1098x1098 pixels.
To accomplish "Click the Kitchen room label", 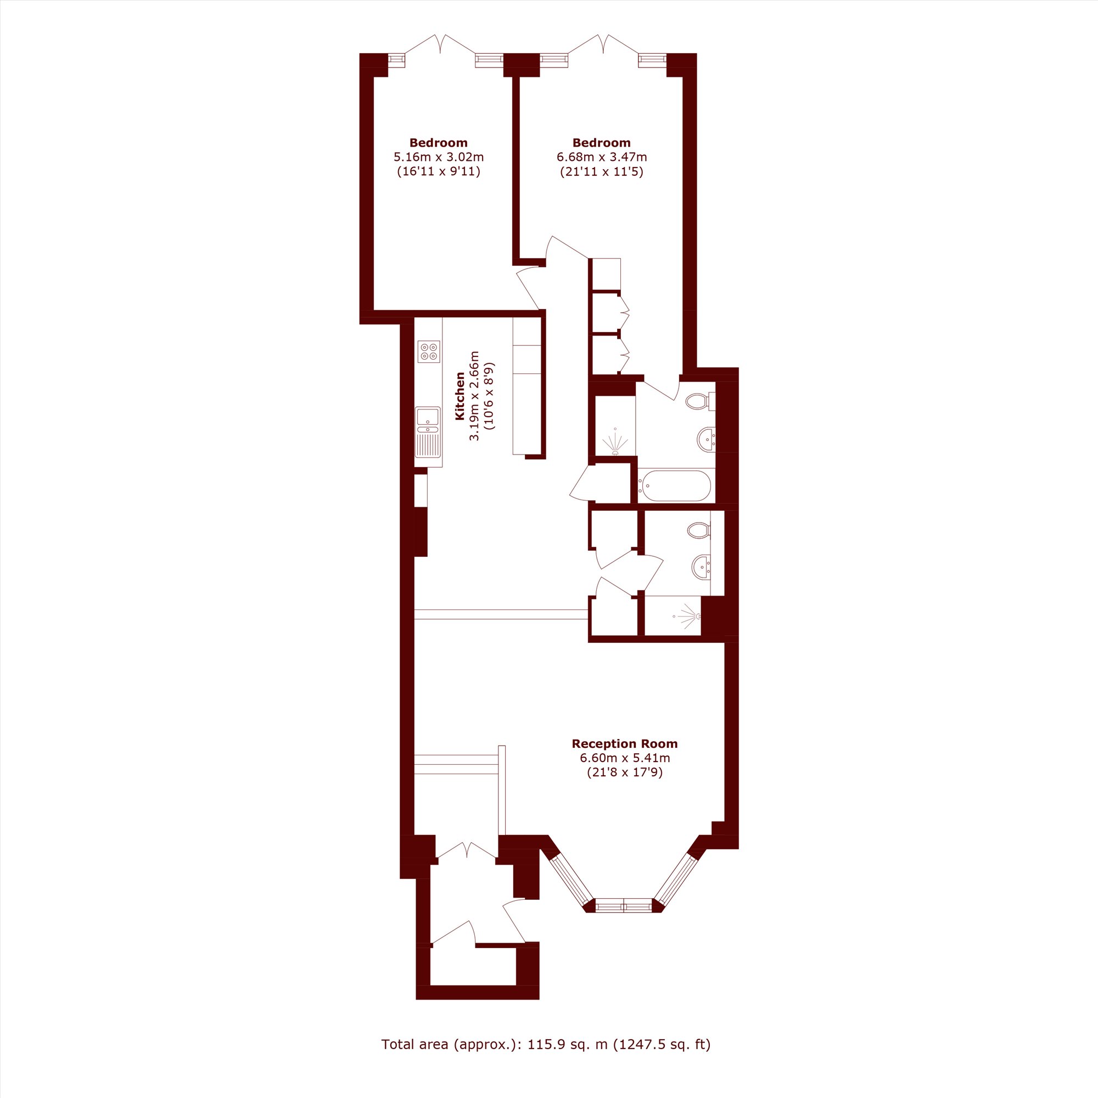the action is (x=460, y=396).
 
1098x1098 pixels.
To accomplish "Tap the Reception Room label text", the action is (x=625, y=744).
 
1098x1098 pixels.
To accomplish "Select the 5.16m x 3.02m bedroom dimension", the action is (x=439, y=157).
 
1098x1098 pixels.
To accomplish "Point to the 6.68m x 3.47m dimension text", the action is (x=602, y=157).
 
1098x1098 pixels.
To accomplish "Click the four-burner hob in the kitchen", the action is (x=429, y=352).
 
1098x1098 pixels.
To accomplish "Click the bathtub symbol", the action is (x=675, y=486).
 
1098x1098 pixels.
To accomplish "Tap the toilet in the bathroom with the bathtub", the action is (x=700, y=401).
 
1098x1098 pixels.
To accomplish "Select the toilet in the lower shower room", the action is (x=699, y=531).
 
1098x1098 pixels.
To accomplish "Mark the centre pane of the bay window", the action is (x=624, y=905).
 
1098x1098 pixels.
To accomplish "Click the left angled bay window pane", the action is (x=570, y=877).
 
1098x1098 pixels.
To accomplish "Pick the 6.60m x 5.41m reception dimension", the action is (x=625, y=758).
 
